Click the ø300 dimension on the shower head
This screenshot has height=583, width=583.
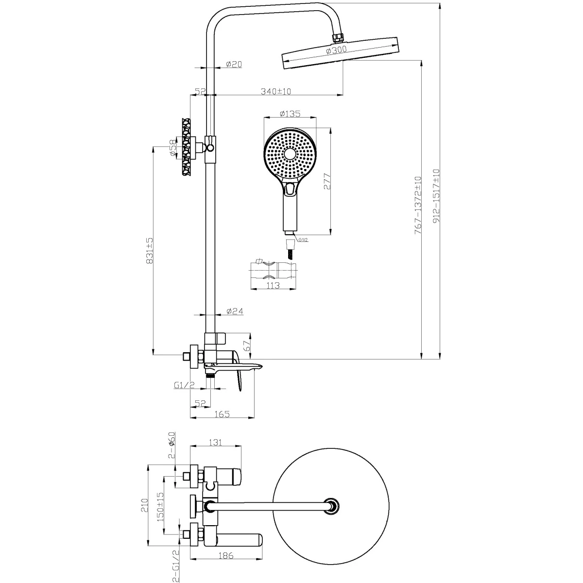(x=336, y=50)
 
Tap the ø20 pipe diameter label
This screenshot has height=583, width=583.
(x=234, y=64)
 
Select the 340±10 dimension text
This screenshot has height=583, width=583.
(x=275, y=91)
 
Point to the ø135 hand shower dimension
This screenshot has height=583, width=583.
(x=290, y=114)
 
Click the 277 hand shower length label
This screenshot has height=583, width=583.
(x=327, y=182)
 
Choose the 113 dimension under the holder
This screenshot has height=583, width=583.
(x=273, y=285)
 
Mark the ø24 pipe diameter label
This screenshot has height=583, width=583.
(x=235, y=311)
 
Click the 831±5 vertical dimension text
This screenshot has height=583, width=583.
(x=150, y=251)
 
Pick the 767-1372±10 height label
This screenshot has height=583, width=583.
(x=418, y=206)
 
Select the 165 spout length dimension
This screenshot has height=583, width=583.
(x=222, y=414)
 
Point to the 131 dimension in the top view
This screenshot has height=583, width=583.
(x=215, y=442)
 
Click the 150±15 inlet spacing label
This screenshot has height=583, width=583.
(x=160, y=511)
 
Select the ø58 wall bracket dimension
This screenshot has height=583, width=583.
(x=173, y=148)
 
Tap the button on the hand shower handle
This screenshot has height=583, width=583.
(x=290, y=189)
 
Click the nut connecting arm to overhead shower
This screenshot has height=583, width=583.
(x=338, y=37)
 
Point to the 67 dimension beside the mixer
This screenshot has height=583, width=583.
(x=247, y=345)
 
